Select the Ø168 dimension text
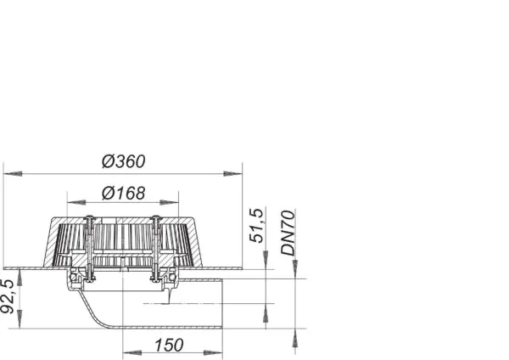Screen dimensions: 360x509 [123, 193]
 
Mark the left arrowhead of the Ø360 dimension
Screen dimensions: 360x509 [10, 173]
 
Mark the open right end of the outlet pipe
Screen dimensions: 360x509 [222, 303]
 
